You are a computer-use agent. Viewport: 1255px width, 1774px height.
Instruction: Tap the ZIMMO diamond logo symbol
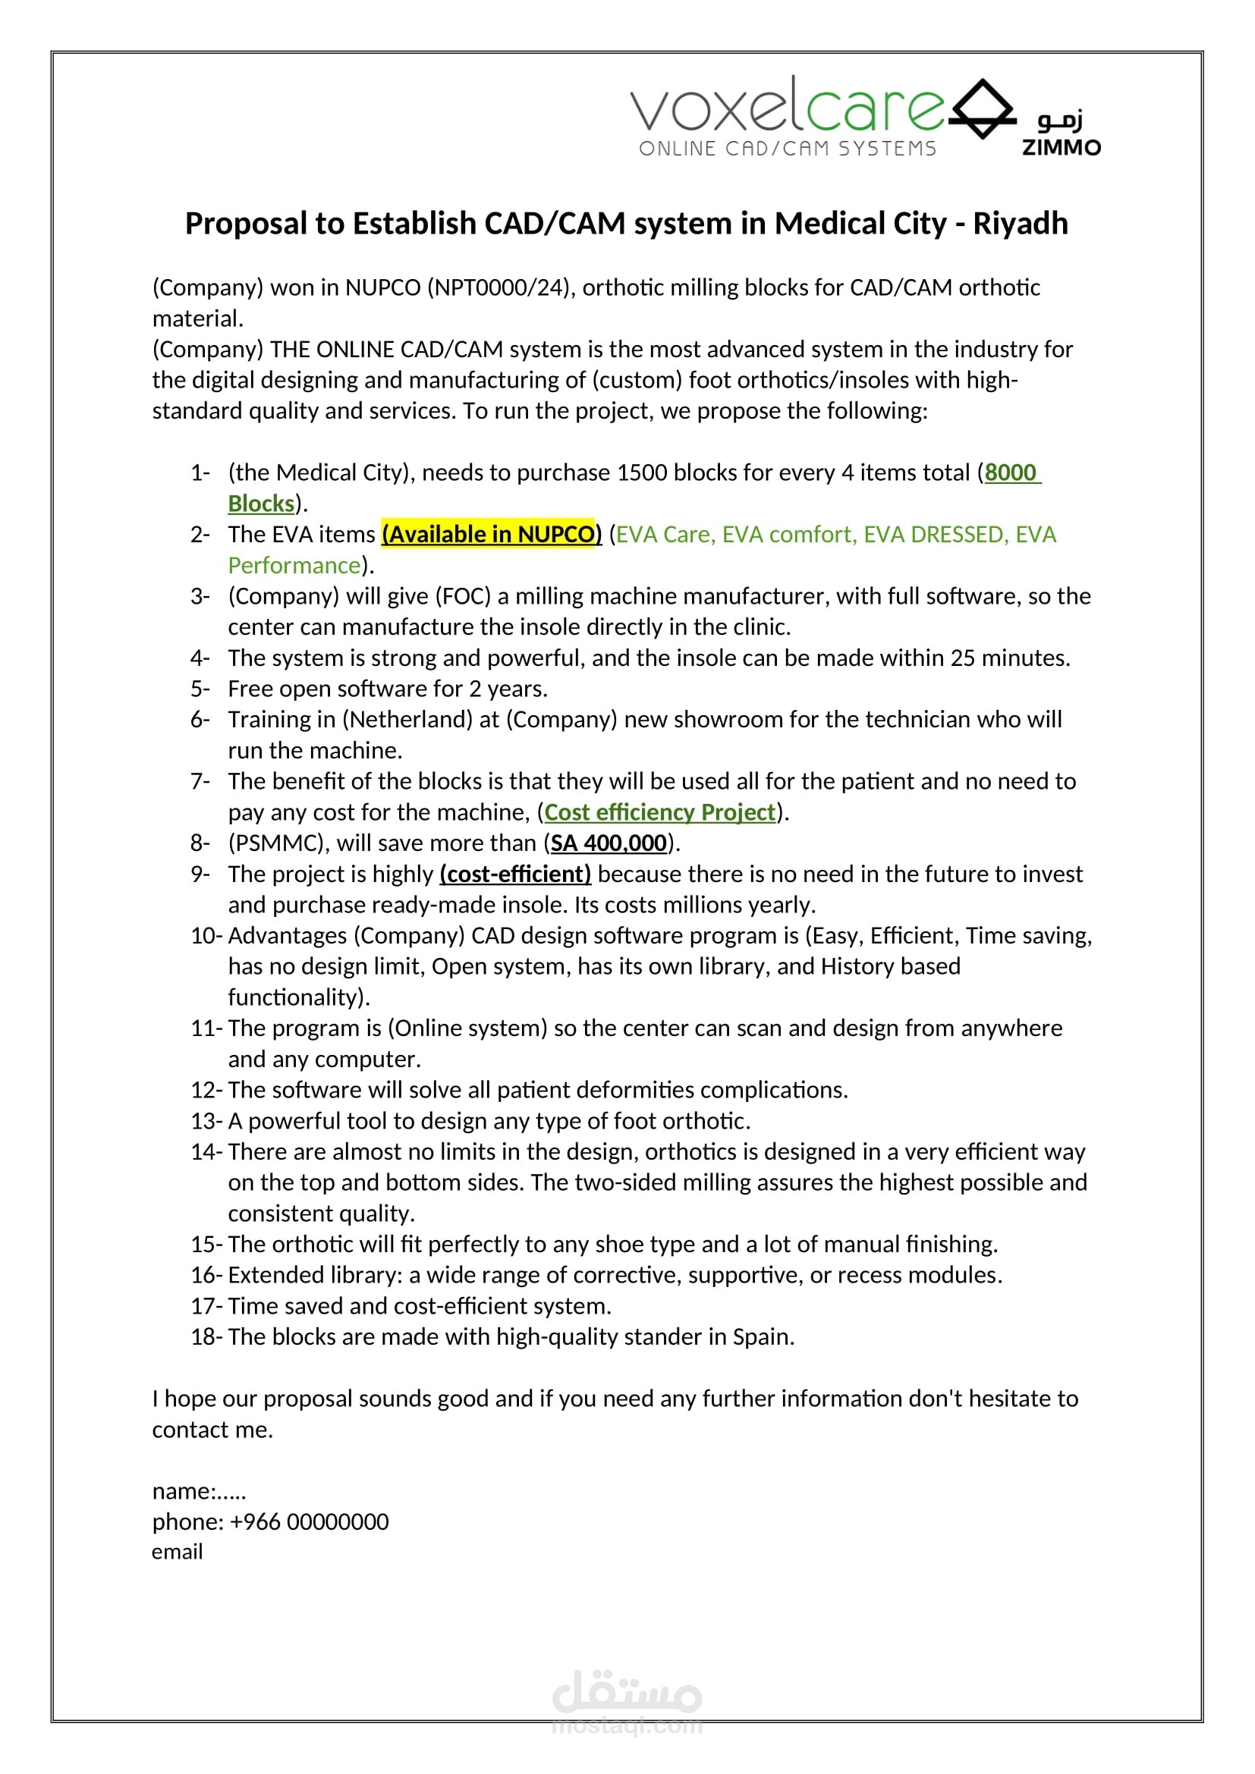(x=982, y=109)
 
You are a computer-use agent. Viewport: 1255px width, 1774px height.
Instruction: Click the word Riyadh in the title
(x=1020, y=223)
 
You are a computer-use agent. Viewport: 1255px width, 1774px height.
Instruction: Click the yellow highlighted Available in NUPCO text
(x=492, y=534)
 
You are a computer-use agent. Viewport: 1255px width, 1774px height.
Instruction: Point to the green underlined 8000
(x=1010, y=472)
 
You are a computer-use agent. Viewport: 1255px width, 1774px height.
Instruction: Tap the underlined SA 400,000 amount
(x=609, y=843)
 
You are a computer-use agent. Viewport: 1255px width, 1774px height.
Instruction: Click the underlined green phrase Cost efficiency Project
(x=659, y=812)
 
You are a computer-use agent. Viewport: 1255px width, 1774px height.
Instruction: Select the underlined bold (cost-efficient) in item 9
(x=515, y=874)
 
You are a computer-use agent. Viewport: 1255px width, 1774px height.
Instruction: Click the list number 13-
(x=206, y=1120)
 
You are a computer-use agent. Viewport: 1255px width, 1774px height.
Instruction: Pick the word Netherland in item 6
(x=408, y=719)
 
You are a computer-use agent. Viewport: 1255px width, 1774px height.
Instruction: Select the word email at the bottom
(x=177, y=1552)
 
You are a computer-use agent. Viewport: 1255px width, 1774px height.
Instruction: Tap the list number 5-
(x=200, y=689)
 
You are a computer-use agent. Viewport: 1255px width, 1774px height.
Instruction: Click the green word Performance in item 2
(x=294, y=565)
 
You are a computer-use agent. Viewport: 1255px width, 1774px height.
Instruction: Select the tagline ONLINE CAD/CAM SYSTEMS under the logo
(x=788, y=149)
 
